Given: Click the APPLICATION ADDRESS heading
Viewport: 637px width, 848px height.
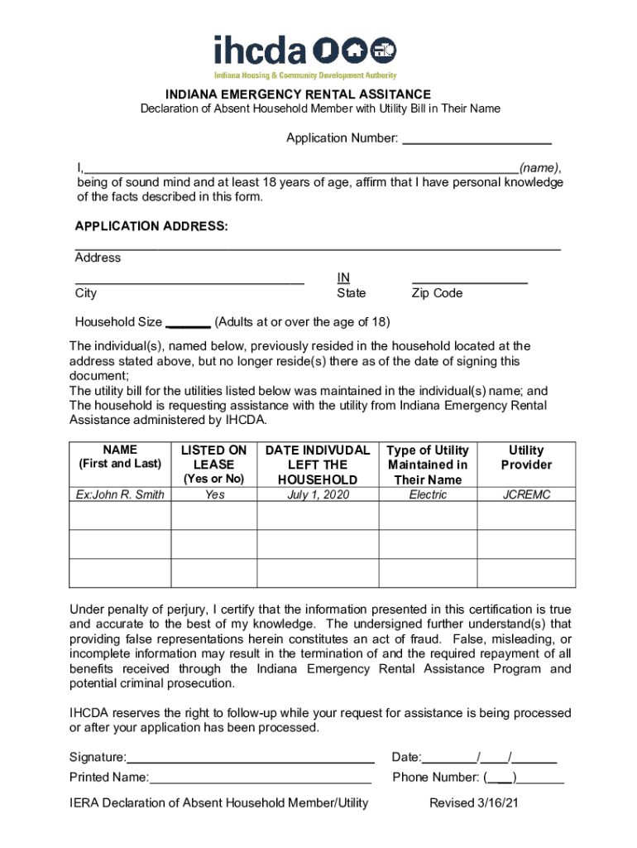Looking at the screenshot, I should tap(151, 226).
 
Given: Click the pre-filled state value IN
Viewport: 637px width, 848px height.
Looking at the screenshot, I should tap(343, 277).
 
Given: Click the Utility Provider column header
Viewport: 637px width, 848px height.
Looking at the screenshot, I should tap(526, 457).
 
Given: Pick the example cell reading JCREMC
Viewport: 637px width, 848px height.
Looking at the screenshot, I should tap(526, 494).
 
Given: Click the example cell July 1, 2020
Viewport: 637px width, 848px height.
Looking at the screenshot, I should tap(318, 494).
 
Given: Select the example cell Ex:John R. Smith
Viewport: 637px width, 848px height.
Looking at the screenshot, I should tap(120, 494).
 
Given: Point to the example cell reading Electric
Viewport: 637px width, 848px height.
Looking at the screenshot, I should tap(428, 494).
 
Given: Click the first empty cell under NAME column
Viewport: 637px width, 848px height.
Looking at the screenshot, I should tap(120, 516).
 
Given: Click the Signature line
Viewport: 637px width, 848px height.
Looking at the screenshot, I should tap(251, 758).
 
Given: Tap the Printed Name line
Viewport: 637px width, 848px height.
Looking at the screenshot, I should tap(260, 778).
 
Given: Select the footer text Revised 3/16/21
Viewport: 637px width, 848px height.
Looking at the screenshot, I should tap(474, 802).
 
